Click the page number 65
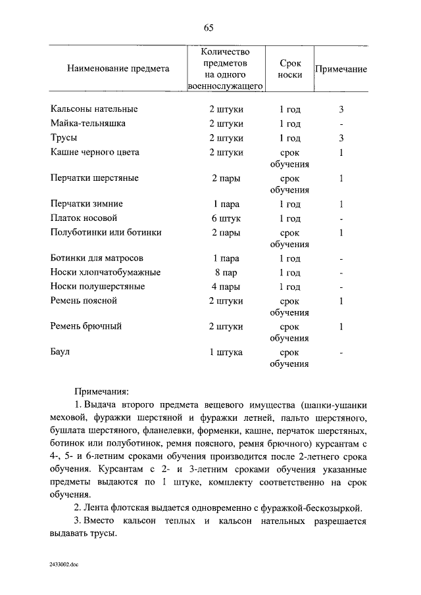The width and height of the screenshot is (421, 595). (x=209, y=27)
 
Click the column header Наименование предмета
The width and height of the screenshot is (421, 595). (x=118, y=68)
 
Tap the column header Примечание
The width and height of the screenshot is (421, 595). (x=341, y=69)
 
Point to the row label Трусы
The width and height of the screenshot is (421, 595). (x=64, y=138)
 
